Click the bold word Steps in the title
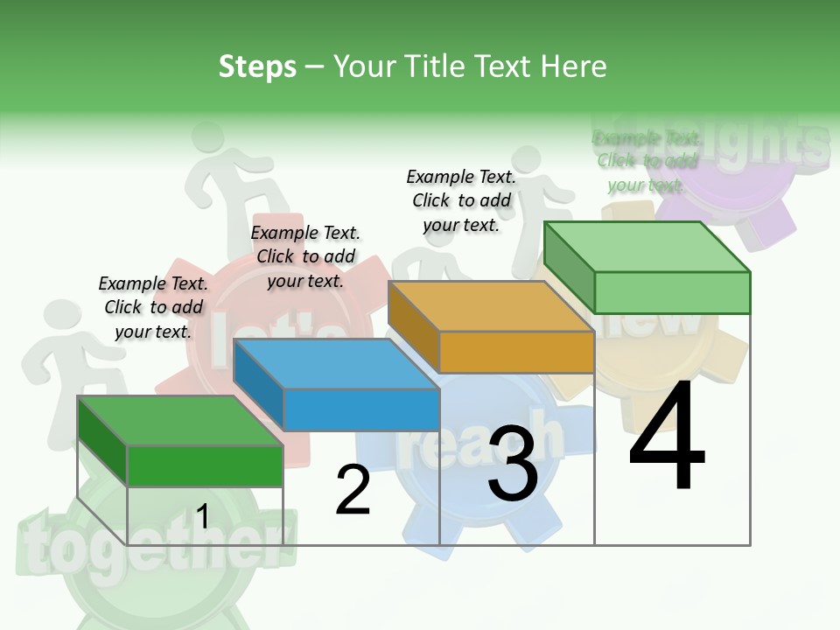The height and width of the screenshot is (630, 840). coord(257,66)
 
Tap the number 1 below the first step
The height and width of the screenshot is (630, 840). coord(202,516)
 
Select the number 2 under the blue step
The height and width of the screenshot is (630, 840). coord(353,490)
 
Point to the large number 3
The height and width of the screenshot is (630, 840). coord(513,464)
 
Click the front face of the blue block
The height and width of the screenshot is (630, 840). coord(361,409)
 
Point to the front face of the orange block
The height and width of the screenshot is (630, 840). coord(516,353)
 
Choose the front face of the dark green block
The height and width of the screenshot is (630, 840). coord(206,465)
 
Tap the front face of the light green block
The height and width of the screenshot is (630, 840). coord(672,292)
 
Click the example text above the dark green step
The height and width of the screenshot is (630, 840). coord(153,307)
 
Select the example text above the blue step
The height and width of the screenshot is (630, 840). coord(305,256)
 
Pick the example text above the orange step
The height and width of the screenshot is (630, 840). coord(461,200)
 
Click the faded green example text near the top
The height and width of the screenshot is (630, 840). coord(646,161)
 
